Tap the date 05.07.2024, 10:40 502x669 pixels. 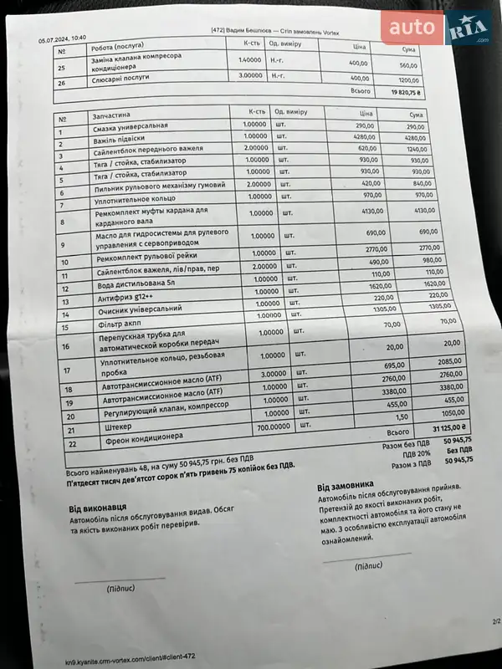[63, 38]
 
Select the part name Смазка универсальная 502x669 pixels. [131, 126]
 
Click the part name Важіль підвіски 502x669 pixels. [120, 138]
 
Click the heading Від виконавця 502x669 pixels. [98, 508]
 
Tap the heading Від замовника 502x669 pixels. [345, 487]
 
